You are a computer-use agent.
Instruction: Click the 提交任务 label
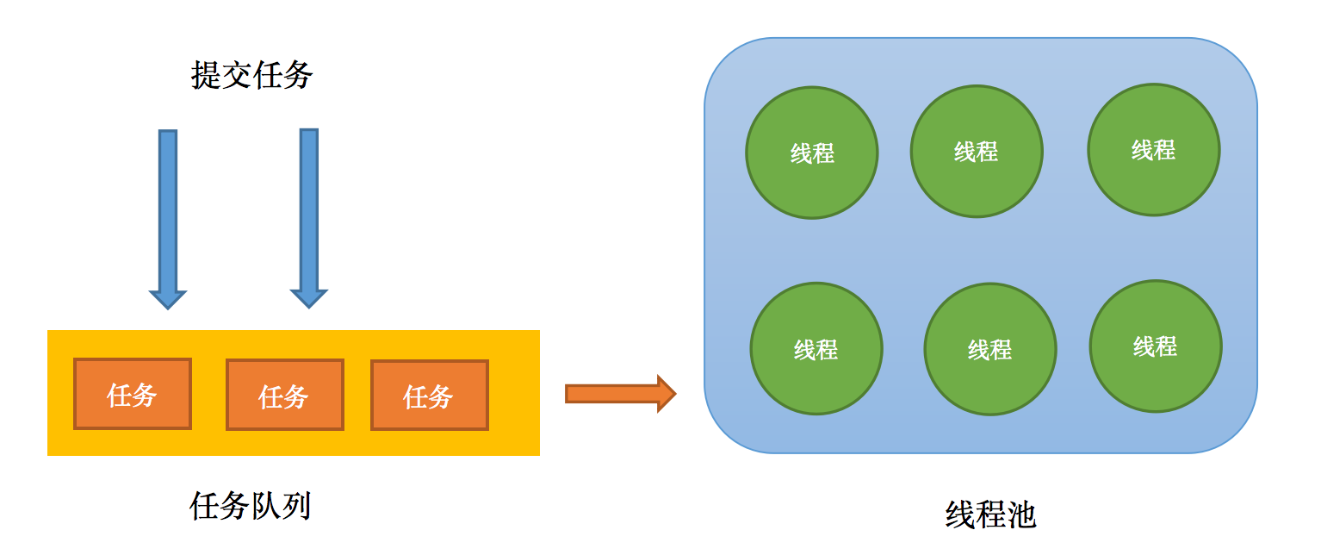(x=251, y=76)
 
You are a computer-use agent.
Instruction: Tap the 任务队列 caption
(x=250, y=506)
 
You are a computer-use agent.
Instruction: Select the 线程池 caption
(x=990, y=515)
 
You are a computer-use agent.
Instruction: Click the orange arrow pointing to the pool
(x=618, y=394)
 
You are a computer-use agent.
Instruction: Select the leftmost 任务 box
(x=133, y=394)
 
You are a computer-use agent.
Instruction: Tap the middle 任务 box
(x=284, y=395)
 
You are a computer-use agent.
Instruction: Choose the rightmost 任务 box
(x=429, y=395)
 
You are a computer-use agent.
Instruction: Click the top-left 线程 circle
(x=811, y=153)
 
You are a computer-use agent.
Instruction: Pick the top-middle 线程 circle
(x=976, y=152)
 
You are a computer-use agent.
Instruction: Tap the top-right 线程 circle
(x=1153, y=150)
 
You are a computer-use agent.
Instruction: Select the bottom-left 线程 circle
(x=816, y=349)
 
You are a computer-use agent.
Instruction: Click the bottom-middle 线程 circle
(x=989, y=349)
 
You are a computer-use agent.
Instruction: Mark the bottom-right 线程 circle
(x=1155, y=346)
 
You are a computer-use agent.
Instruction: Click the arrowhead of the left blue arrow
(x=168, y=298)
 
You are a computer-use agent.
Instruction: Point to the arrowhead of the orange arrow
(x=665, y=394)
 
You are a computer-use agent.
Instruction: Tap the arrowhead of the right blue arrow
(x=309, y=297)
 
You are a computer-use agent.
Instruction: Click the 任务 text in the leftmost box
(x=133, y=395)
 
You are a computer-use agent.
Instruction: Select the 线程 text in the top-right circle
(x=1153, y=150)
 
